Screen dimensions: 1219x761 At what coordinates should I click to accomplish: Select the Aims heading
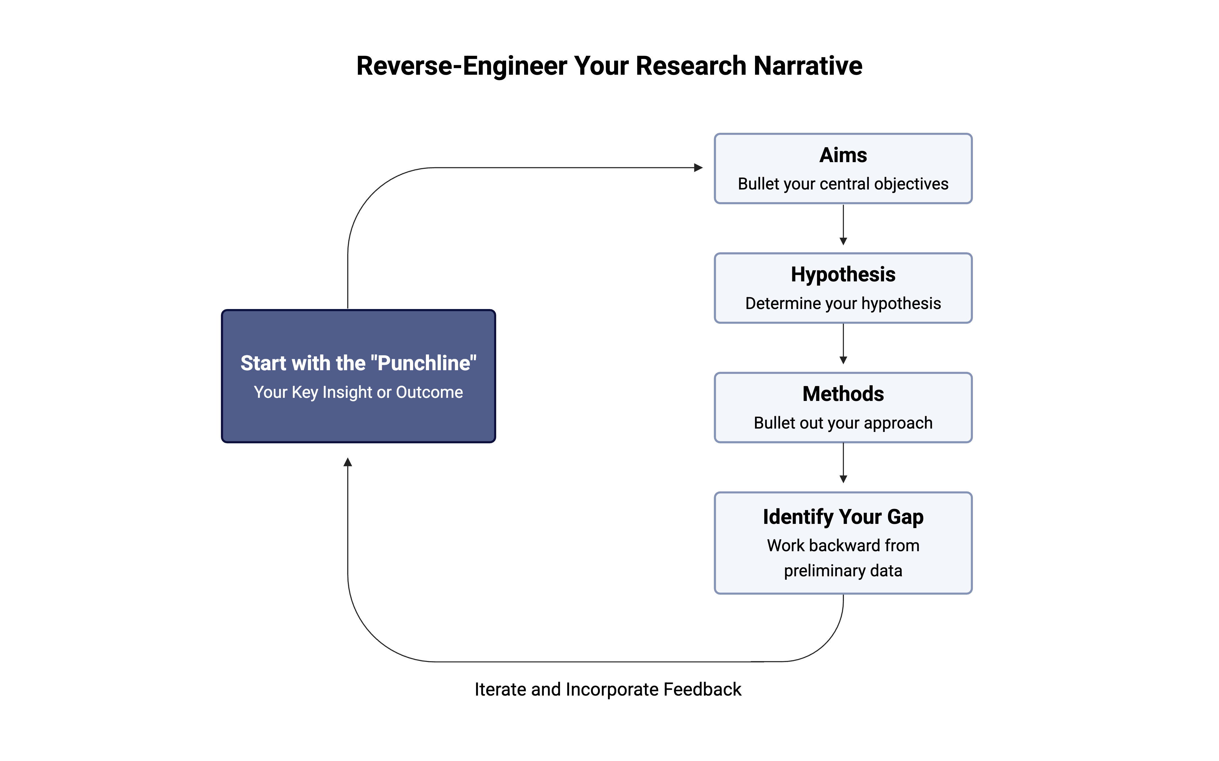click(x=843, y=155)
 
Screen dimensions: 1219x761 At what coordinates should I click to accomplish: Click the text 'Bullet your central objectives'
click(x=843, y=184)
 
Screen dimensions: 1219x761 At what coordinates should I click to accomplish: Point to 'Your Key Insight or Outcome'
click(x=358, y=392)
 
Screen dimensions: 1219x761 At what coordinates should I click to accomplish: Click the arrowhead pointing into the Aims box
click(x=698, y=167)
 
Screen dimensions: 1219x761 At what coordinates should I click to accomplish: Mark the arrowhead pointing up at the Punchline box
click(x=347, y=462)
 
